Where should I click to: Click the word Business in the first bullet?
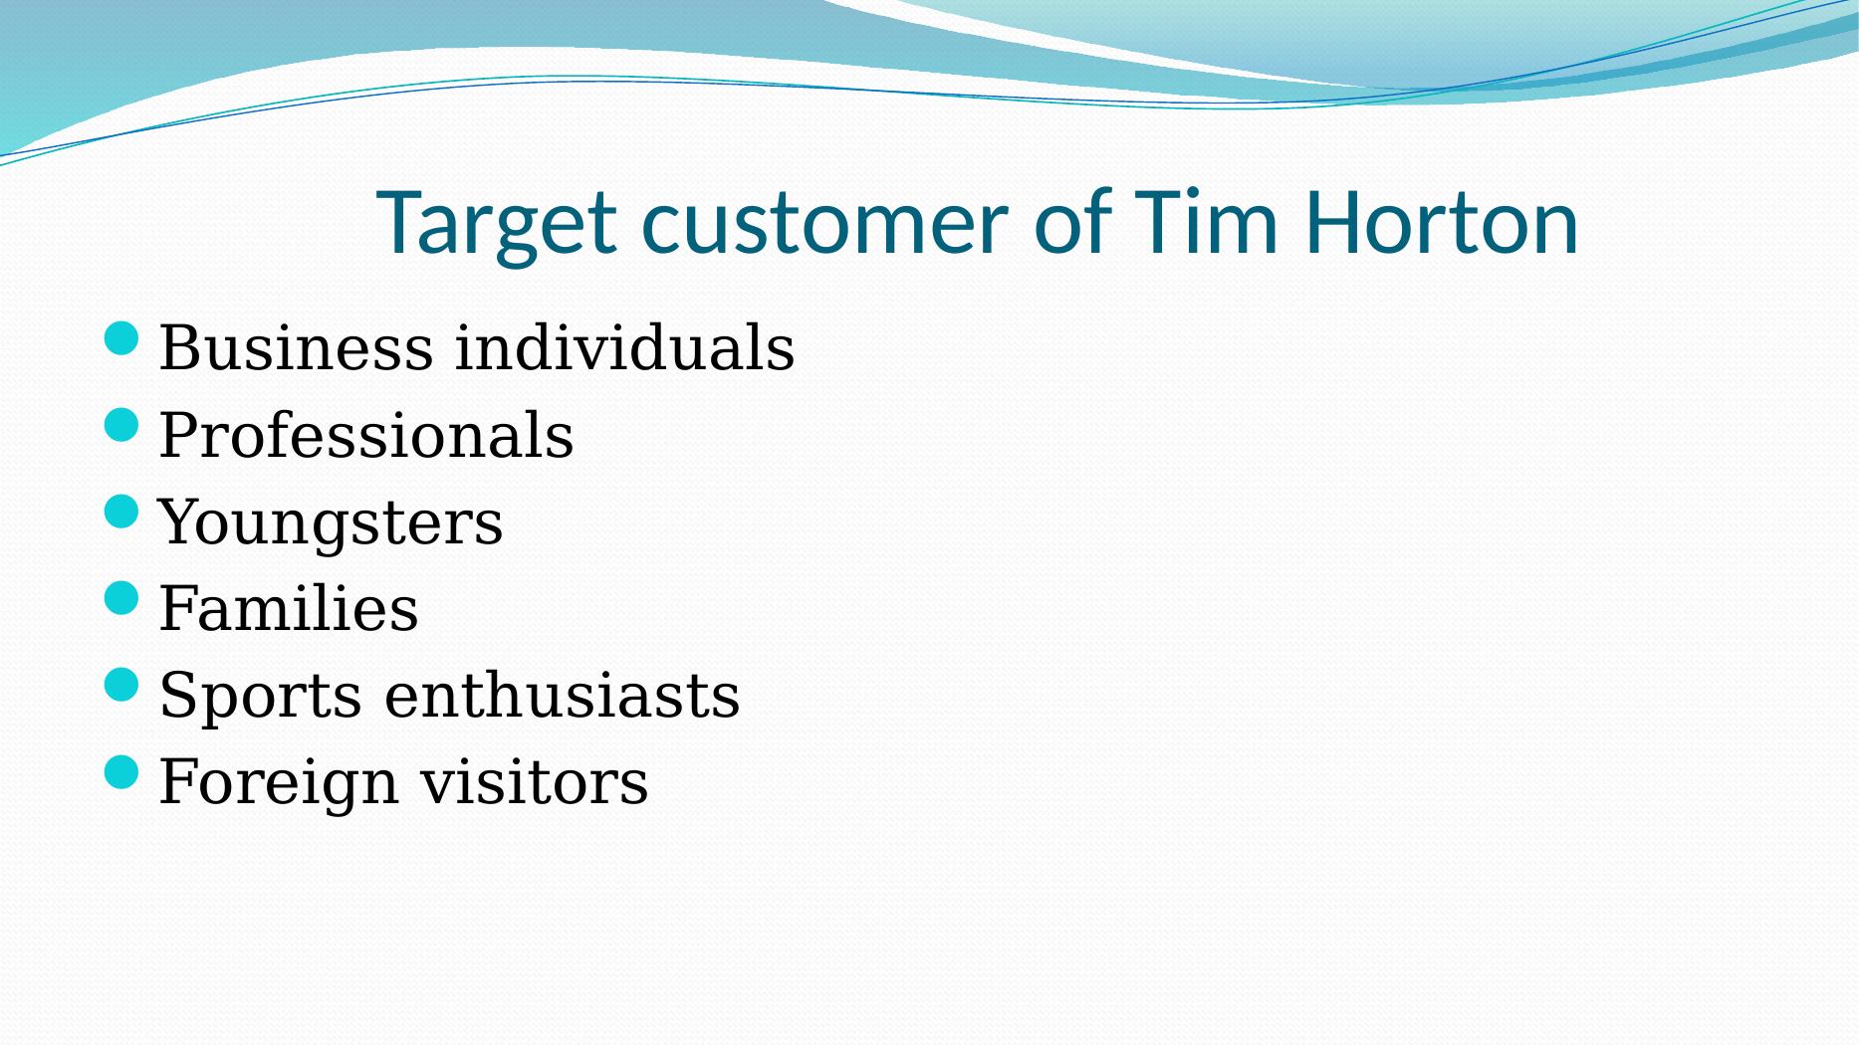[x=296, y=348]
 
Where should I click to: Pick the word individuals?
[x=624, y=348]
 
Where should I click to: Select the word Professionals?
[x=366, y=435]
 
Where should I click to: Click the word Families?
[x=289, y=608]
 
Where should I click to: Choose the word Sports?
[x=260, y=697]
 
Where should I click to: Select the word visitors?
[x=534, y=781]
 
